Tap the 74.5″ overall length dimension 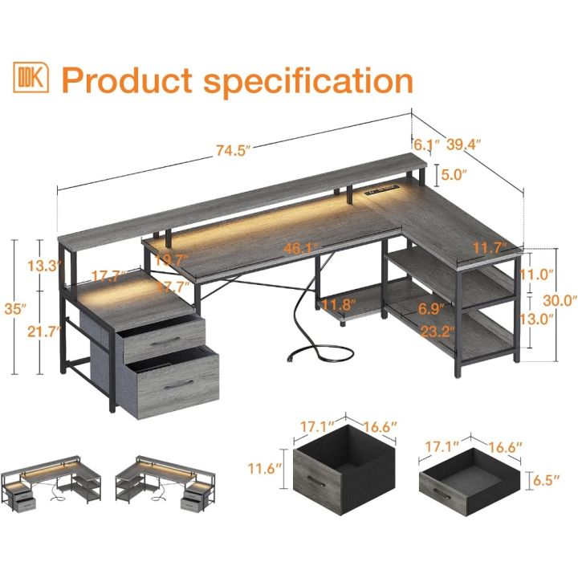pyautogui.click(x=234, y=149)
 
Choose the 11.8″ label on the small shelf pyautogui.click(x=336, y=304)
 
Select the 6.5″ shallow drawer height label pyautogui.click(x=544, y=481)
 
